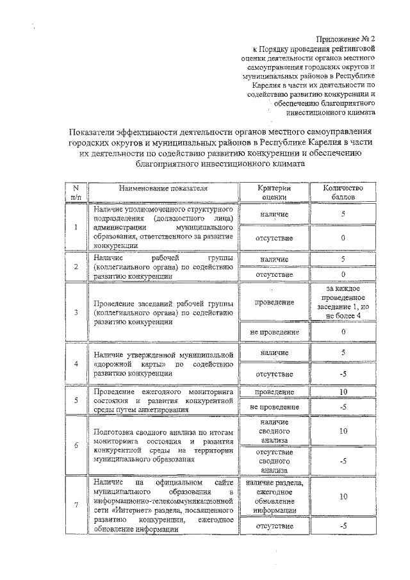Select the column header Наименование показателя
point(163,188)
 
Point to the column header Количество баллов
point(343,193)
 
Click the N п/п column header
point(76,193)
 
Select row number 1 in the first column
point(76,227)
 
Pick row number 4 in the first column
point(76,363)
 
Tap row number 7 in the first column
point(76,505)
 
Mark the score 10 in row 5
point(343,392)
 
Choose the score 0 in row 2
point(343,274)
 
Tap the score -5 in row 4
point(343,374)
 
